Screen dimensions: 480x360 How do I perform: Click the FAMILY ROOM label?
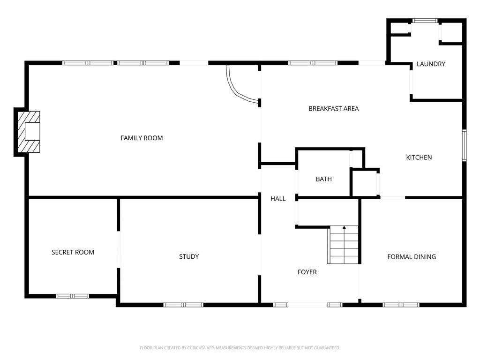142,138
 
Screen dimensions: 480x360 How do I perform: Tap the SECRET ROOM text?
73,252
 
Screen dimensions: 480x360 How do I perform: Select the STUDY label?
189,256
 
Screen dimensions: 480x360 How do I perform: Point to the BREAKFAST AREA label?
333,109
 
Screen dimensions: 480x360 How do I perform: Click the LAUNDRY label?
431,64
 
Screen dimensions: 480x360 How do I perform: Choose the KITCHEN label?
419,157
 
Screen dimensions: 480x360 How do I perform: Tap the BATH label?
323,179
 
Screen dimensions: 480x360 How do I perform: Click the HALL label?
278,199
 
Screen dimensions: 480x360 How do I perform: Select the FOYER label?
307,272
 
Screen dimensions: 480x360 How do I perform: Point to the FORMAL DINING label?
412,257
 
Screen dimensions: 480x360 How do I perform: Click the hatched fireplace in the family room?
29,132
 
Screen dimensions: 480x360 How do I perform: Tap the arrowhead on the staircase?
344,227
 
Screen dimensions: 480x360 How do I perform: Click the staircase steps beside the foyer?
343,245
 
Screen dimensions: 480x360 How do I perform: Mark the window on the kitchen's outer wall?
465,145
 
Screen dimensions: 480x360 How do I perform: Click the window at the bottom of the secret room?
72,296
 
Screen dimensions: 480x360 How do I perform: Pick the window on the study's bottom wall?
183,305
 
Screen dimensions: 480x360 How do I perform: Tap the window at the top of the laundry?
425,21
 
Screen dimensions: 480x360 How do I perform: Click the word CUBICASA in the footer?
200,348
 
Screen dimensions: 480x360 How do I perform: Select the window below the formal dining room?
401,305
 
